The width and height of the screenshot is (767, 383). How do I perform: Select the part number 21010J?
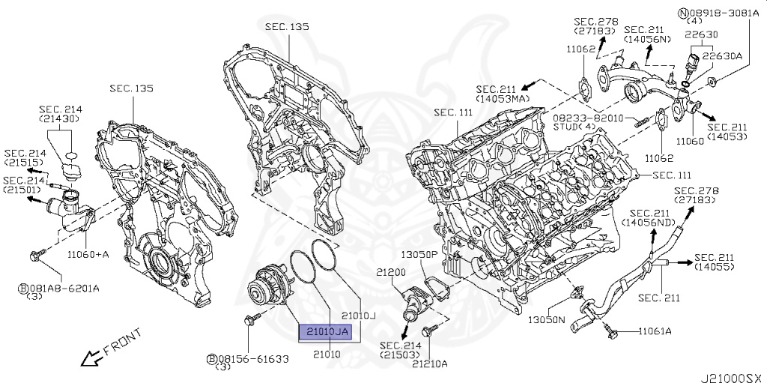(357, 316)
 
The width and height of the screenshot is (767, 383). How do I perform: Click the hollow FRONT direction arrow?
(93, 358)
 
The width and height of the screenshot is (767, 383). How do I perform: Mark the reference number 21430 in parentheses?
(61, 119)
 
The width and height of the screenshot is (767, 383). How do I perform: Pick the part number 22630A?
(726, 55)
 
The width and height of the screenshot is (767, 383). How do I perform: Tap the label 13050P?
(418, 254)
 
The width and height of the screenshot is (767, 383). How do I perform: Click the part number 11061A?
(655, 331)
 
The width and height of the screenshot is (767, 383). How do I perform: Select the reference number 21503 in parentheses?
(401, 355)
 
